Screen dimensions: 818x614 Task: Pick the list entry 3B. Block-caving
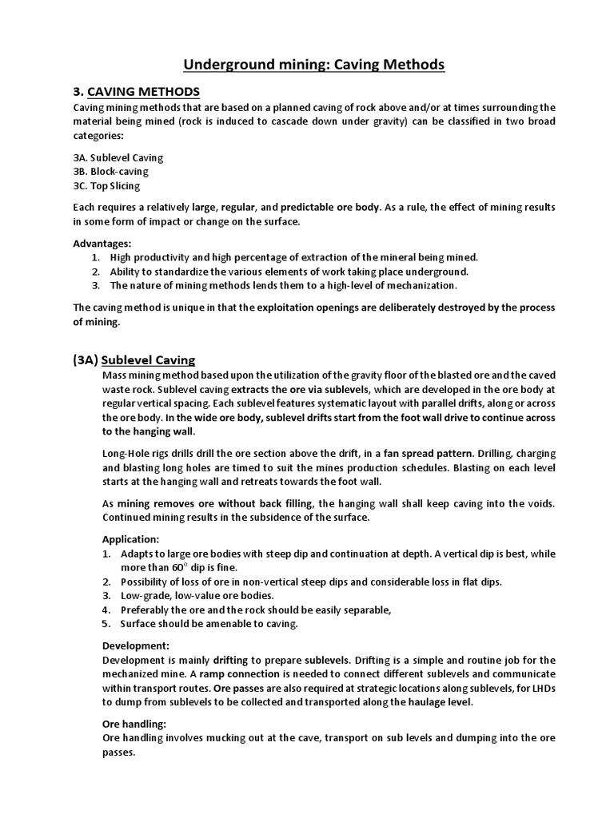(x=110, y=171)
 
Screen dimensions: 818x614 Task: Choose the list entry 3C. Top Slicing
(x=106, y=185)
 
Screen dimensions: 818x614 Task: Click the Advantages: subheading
(x=102, y=243)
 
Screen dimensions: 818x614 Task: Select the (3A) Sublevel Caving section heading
(x=134, y=360)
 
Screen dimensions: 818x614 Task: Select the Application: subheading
(x=131, y=539)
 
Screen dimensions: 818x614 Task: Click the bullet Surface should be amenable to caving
(x=209, y=624)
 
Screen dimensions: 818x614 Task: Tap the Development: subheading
(x=136, y=645)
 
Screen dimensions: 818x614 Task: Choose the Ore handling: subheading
(x=134, y=723)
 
